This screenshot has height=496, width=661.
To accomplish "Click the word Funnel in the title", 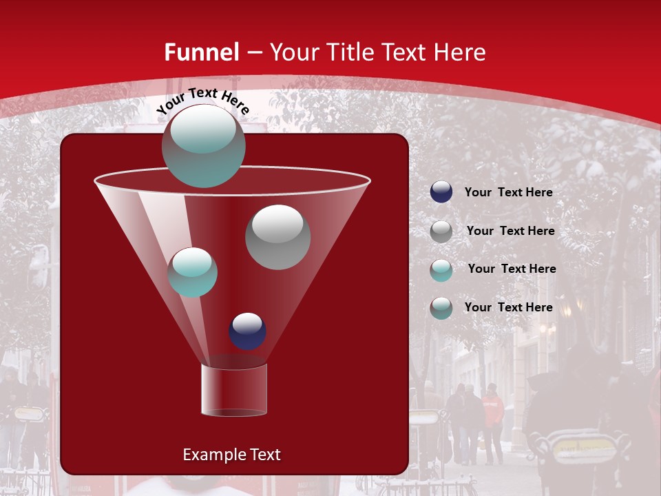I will pyautogui.click(x=201, y=52).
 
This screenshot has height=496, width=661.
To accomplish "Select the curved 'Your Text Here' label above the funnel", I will pyautogui.click(x=202, y=101).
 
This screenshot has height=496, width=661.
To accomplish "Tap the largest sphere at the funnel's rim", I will pyautogui.click(x=203, y=145).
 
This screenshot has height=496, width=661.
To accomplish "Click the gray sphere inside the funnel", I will pyautogui.click(x=277, y=236).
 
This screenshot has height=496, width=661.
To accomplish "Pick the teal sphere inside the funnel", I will pyautogui.click(x=192, y=272).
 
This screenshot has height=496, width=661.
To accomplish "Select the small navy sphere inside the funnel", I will pyautogui.click(x=247, y=331).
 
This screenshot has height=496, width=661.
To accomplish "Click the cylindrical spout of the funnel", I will pyautogui.click(x=234, y=390).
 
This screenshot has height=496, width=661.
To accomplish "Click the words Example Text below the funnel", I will pyautogui.click(x=231, y=455).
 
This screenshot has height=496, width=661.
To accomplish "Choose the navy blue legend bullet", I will pyautogui.click(x=441, y=192).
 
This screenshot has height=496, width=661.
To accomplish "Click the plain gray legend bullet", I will pyautogui.click(x=441, y=231).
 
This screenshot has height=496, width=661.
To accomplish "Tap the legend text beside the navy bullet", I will pyautogui.click(x=508, y=193).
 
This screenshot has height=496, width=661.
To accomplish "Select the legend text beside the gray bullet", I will pyautogui.click(x=510, y=231).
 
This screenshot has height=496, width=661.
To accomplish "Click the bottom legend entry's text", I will pyautogui.click(x=508, y=307).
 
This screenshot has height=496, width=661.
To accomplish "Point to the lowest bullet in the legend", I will pyautogui.click(x=441, y=308).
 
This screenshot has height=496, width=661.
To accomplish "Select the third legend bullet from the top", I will pyautogui.click(x=441, y=270).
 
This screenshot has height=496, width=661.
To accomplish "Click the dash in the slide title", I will pyautogui.click(x=253, y=52).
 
